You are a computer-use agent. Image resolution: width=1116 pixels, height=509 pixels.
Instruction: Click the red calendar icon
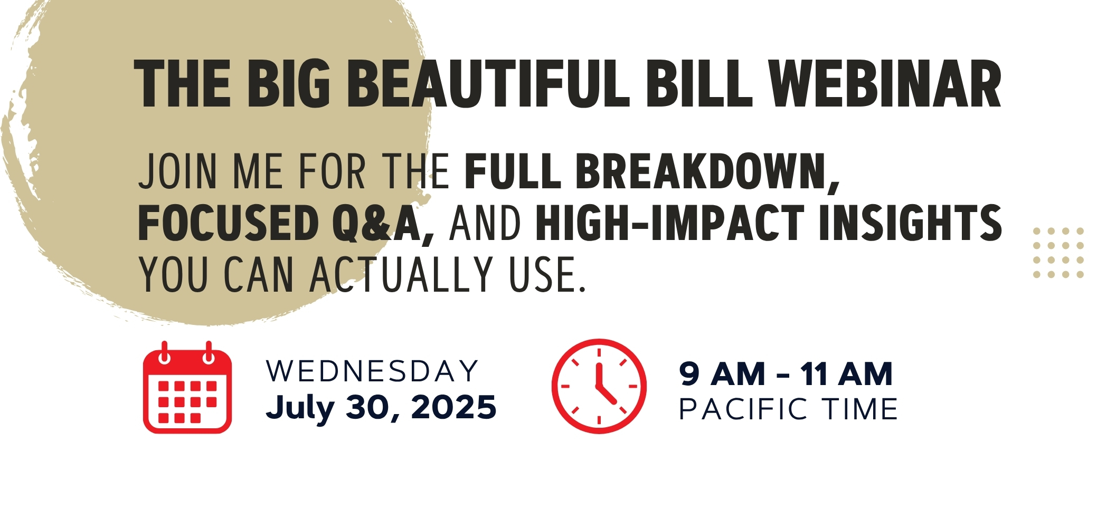click(x=187, y=387)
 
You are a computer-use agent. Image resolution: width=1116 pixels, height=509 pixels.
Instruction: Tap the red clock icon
click(x=599, y=386)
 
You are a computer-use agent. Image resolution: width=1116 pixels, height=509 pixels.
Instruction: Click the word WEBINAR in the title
click(x=884, y=84)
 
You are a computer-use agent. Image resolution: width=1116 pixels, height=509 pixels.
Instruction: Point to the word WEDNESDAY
click(x=372, y=371)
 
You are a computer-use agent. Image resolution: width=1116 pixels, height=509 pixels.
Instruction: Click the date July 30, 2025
click(x=381, y=408)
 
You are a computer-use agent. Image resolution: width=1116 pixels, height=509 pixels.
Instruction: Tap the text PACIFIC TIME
click(x=788, y=409)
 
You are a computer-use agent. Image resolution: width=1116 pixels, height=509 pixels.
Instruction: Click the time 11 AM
click(x=846, y=374)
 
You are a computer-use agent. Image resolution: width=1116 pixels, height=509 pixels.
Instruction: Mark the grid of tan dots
click(x=1058, y=253)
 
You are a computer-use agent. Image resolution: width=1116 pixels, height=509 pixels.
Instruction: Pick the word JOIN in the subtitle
click(x=177, y=172)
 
